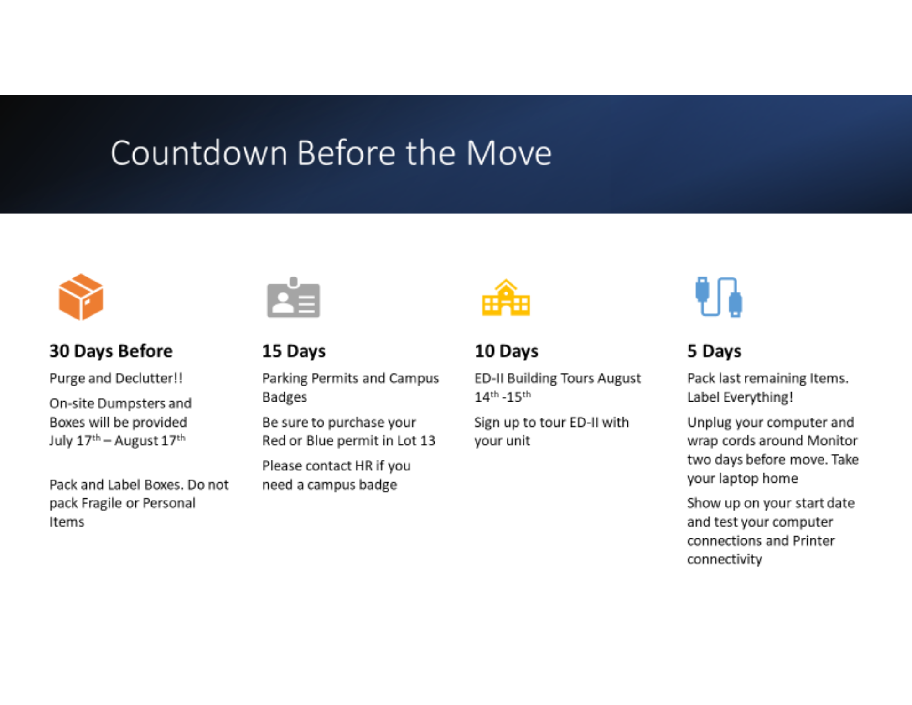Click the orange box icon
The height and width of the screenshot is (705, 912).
point(81,297)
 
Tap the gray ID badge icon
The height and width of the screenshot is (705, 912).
point(294,297)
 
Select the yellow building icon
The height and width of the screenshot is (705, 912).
point(506,298)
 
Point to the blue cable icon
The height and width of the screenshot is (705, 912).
point(718,297)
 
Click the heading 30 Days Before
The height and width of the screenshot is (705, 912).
point(111,351)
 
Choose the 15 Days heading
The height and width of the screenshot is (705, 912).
point(294,351)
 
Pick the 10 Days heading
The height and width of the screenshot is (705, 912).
point(506,351)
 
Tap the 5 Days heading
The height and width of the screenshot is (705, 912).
point(714,351)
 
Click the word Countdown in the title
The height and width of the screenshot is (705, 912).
point(199,153)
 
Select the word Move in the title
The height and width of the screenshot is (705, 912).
point(509,153)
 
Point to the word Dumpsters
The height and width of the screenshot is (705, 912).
point(131,404)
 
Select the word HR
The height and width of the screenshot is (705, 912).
point(363,466)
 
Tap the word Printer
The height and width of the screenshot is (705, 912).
point(814,541)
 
